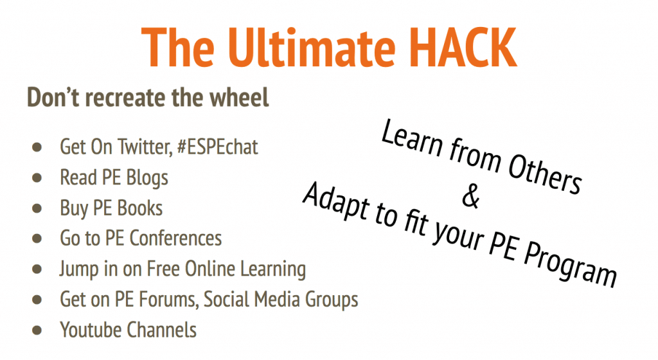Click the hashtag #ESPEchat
tap(217, 147)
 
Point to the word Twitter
tap(145, 147)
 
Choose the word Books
tap(139, 208)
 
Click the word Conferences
tap(175, 239)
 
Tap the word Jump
tap(78, 269)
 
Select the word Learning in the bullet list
tap(272, 269)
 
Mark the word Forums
tap(168, 300)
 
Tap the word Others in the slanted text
tap(545, 173)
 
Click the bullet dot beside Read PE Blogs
tap(37, 178)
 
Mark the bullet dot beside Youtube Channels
tap(37, 330)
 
